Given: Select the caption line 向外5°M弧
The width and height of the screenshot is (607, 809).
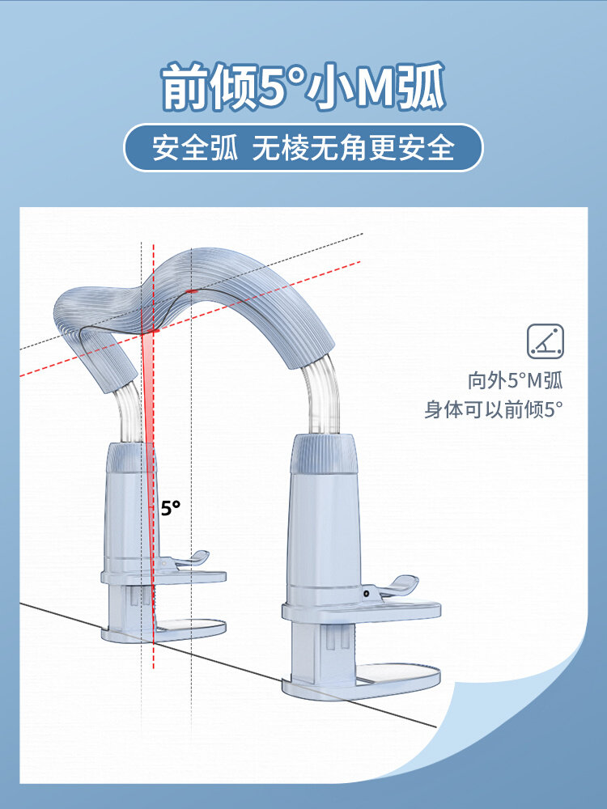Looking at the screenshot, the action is tap(515, 381).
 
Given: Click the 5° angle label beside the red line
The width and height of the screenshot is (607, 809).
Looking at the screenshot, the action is tap(170, 508).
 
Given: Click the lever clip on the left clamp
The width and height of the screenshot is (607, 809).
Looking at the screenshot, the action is tap(191, 559).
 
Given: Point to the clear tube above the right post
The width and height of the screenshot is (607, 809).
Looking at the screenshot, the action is tap(320, 398).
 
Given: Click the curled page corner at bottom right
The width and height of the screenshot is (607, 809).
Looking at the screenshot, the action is tap(518, 728).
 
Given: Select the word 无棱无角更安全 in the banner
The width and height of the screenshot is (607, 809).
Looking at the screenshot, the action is tap(354, 148).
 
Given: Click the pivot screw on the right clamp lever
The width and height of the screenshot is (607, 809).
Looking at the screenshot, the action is tap(367, 592).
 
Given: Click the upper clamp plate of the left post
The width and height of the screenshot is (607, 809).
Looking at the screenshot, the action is tap(163, 577).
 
